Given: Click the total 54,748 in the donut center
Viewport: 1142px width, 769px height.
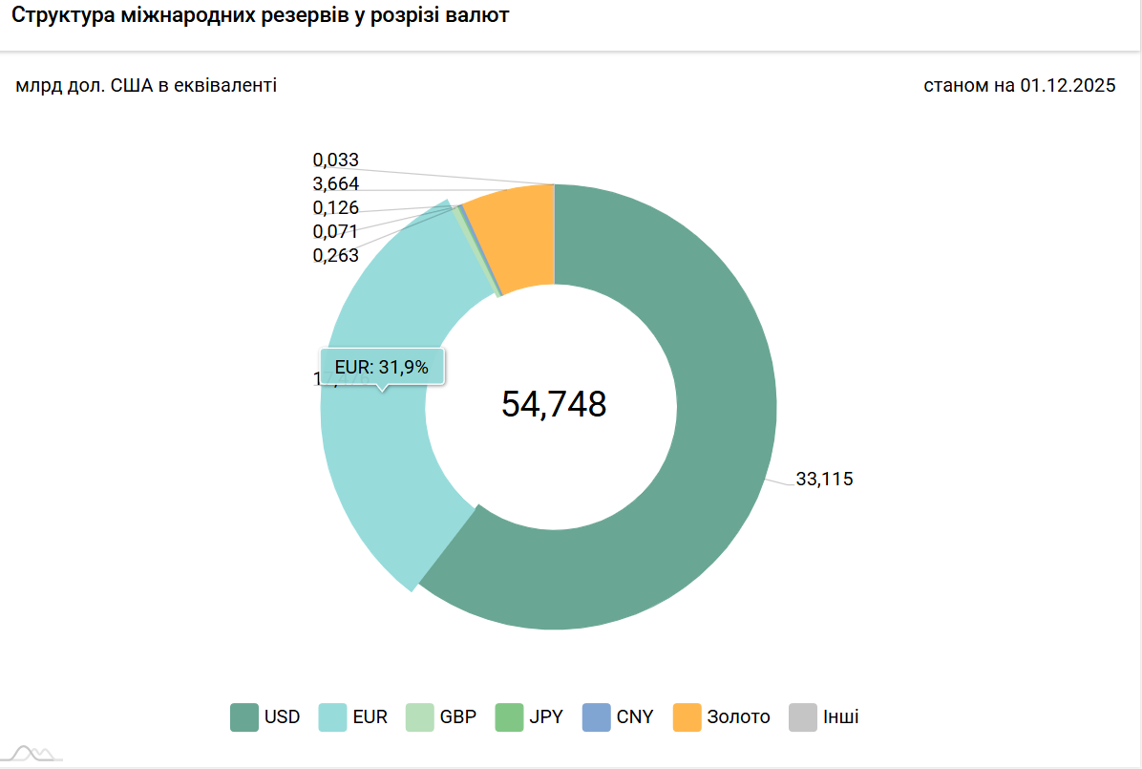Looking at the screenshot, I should click(x=554, y=404).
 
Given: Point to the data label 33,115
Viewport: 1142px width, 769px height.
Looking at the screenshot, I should click(x=824, y=480).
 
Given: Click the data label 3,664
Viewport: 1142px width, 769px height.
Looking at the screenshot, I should click(x=336, y=184).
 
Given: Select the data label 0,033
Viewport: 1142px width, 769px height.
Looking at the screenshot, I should click(x=336, y=160).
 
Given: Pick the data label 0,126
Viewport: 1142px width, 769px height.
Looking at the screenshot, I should click(x=336, y=208).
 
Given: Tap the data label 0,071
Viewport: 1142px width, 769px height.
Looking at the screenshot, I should click(x=336, y=231).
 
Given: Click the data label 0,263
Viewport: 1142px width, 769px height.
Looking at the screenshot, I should click(x=336, y=255).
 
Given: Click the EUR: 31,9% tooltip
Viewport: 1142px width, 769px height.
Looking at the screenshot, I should click(x=382, y=366).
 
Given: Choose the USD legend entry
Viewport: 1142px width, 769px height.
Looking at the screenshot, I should click(x=265, y=716).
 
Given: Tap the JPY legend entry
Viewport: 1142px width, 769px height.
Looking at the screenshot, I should click(x=530, y=716).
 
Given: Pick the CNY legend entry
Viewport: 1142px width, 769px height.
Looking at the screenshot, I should click(x=619, y=716).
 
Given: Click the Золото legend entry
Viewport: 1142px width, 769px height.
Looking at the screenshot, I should click(x=722, y=716).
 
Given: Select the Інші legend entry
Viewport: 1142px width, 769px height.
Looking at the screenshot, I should click(x=825, y=716).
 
